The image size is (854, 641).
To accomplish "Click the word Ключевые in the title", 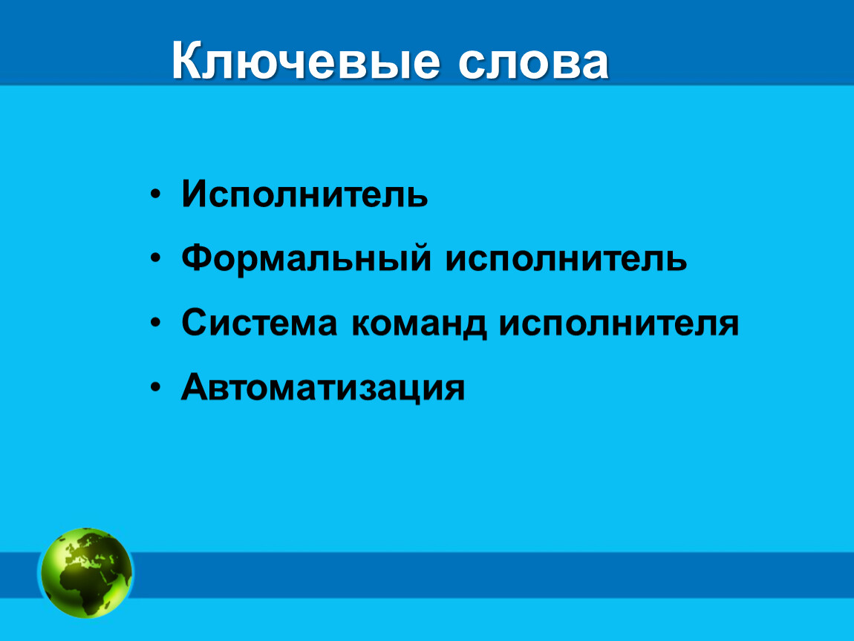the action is pos(305,60).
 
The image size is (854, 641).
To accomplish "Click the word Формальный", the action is pos(306,258).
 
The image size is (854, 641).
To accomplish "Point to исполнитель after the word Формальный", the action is pos(567,258).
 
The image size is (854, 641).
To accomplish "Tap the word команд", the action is pos(419,324).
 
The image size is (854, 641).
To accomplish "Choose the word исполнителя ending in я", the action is pos(619,323).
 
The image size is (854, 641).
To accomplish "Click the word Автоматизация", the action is pos(323,387).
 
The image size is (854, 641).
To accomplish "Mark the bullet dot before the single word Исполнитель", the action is pos(156,194).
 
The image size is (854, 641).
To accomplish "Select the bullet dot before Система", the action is pos(156,323).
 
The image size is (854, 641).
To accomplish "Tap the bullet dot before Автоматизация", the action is pos(156,387).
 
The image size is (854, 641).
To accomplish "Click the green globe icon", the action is pos(86,573).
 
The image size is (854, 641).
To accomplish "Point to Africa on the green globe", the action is pos(82,588).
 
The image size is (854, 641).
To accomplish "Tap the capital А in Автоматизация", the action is pos(197,387).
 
